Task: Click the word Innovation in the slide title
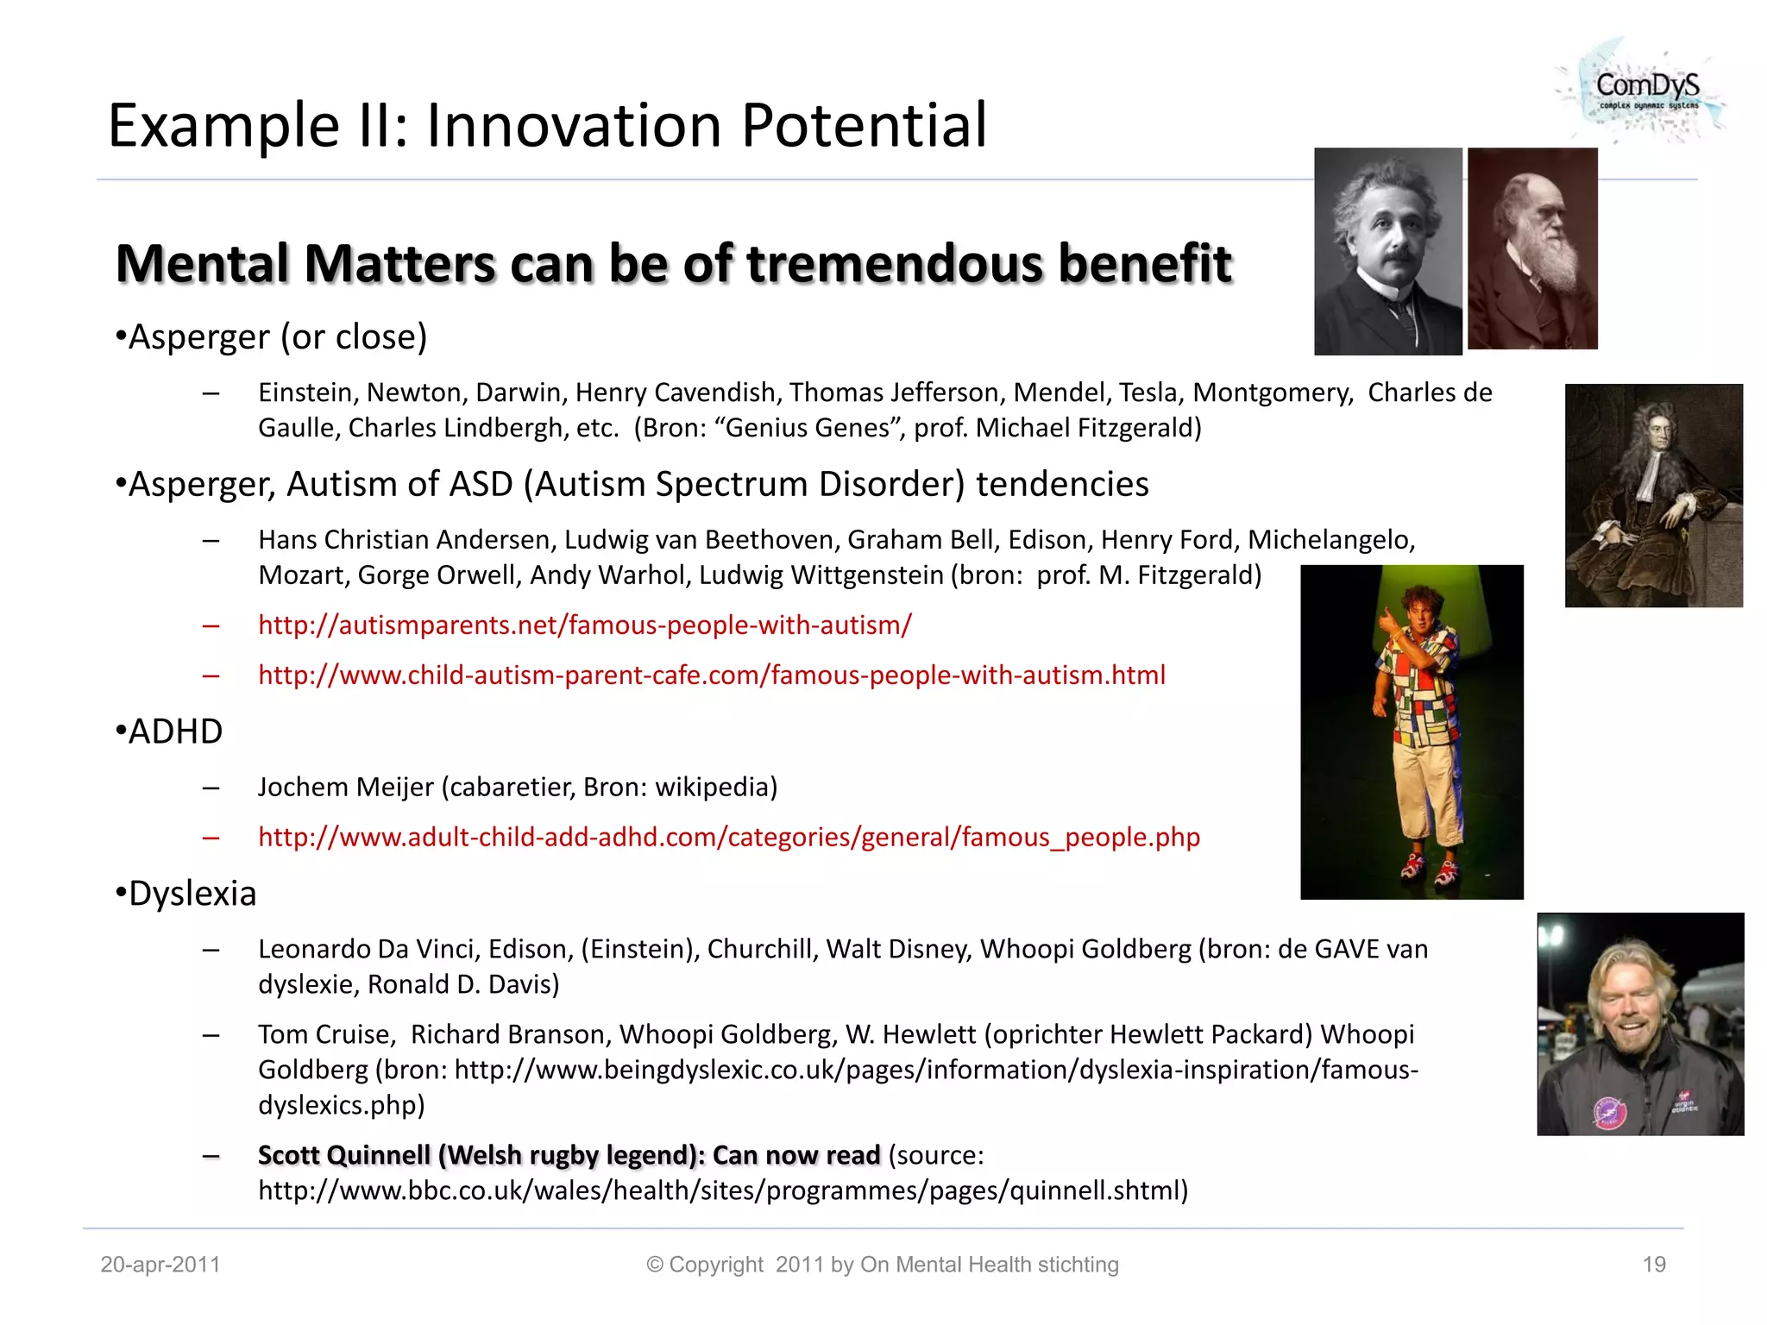[x=574, y=126]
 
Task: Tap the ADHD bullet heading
[x=175, y=732]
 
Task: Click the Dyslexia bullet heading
[x=192, y=894]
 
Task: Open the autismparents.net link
[x=584, y=625]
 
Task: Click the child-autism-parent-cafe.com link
[x=711, y=675]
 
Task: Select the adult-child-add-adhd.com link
[x=728, y=837]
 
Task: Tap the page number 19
[x=1653, y=1265]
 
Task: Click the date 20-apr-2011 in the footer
[x=160, y=1265]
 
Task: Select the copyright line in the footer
[x=882, y=1265]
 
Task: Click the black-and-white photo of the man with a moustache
[x=1387, y=251]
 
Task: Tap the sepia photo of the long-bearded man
[x=1532, y=248]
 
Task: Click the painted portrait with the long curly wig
[x=1653, y=495]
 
